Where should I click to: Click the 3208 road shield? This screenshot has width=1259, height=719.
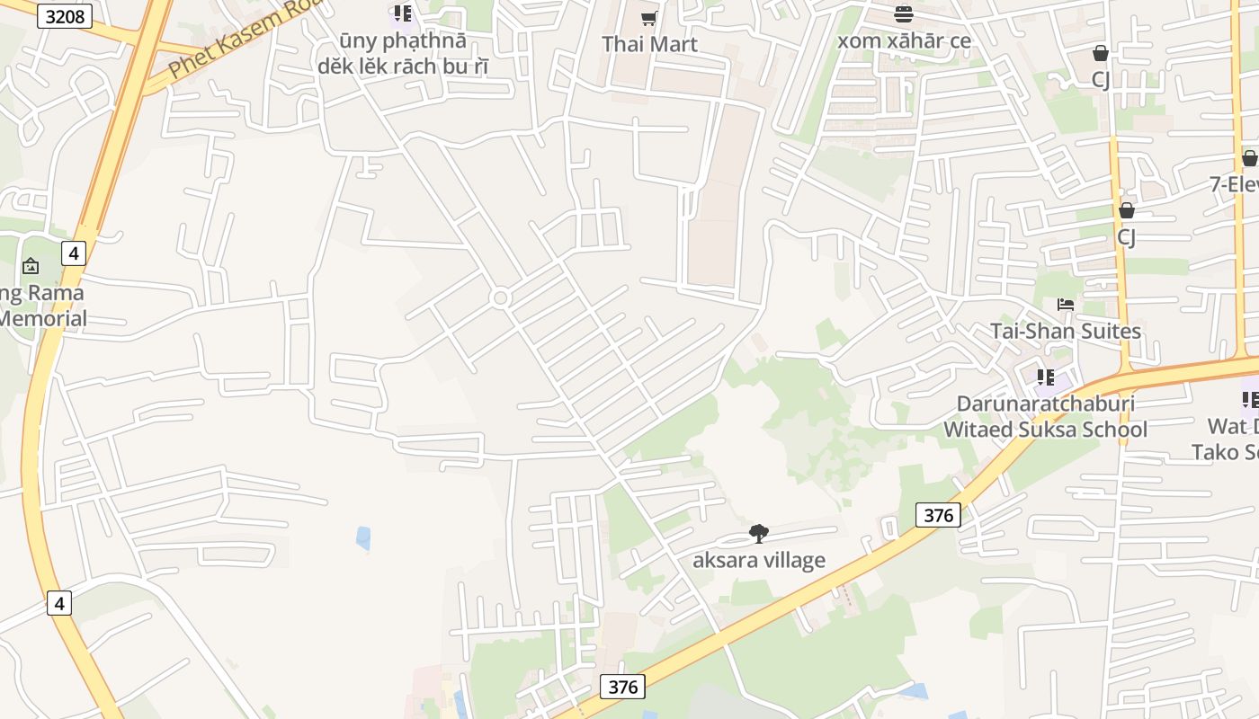65,15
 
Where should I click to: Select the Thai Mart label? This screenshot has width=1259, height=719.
649,44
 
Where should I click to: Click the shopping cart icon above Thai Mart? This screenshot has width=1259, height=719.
649,18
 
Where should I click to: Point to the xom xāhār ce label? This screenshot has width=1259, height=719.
904,40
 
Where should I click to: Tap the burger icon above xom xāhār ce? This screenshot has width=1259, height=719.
904,13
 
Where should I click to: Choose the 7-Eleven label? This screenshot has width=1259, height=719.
1235,184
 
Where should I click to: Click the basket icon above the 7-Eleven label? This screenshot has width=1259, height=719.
1249,158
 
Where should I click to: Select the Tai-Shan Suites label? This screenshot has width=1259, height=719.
1066,331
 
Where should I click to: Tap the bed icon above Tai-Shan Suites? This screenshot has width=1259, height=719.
1066,304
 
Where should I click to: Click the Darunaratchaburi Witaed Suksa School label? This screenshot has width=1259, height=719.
1045,416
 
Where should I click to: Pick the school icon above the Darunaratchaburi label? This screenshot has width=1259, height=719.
1045,377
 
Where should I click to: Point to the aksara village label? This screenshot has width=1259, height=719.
759,560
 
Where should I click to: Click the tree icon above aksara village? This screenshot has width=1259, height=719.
759,534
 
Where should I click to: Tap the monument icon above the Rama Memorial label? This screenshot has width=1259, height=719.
31,265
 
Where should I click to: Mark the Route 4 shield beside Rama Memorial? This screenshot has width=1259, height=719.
74,253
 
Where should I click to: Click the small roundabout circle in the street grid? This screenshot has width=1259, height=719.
501,297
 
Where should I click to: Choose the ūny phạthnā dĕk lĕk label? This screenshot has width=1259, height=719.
402,54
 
